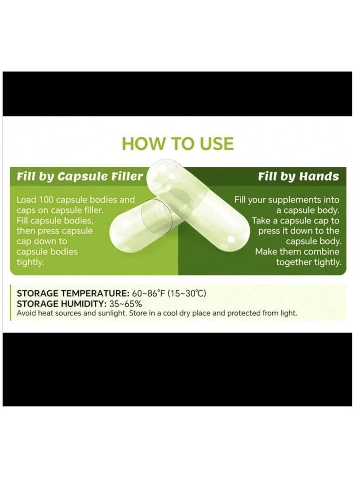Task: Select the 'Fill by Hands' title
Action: pyautogui.click(x=298, y=176)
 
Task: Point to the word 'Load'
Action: pyautogui.click(x=25, y=200)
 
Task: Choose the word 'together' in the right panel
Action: pyautogui.click(x=294, y=263)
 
